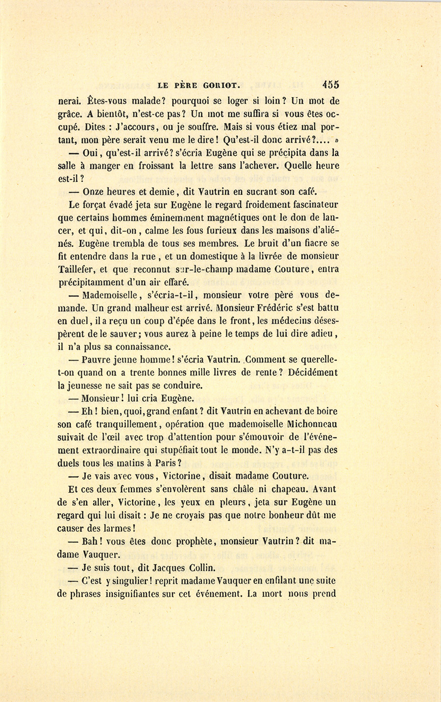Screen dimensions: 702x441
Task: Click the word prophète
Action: tap(188, 542)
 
